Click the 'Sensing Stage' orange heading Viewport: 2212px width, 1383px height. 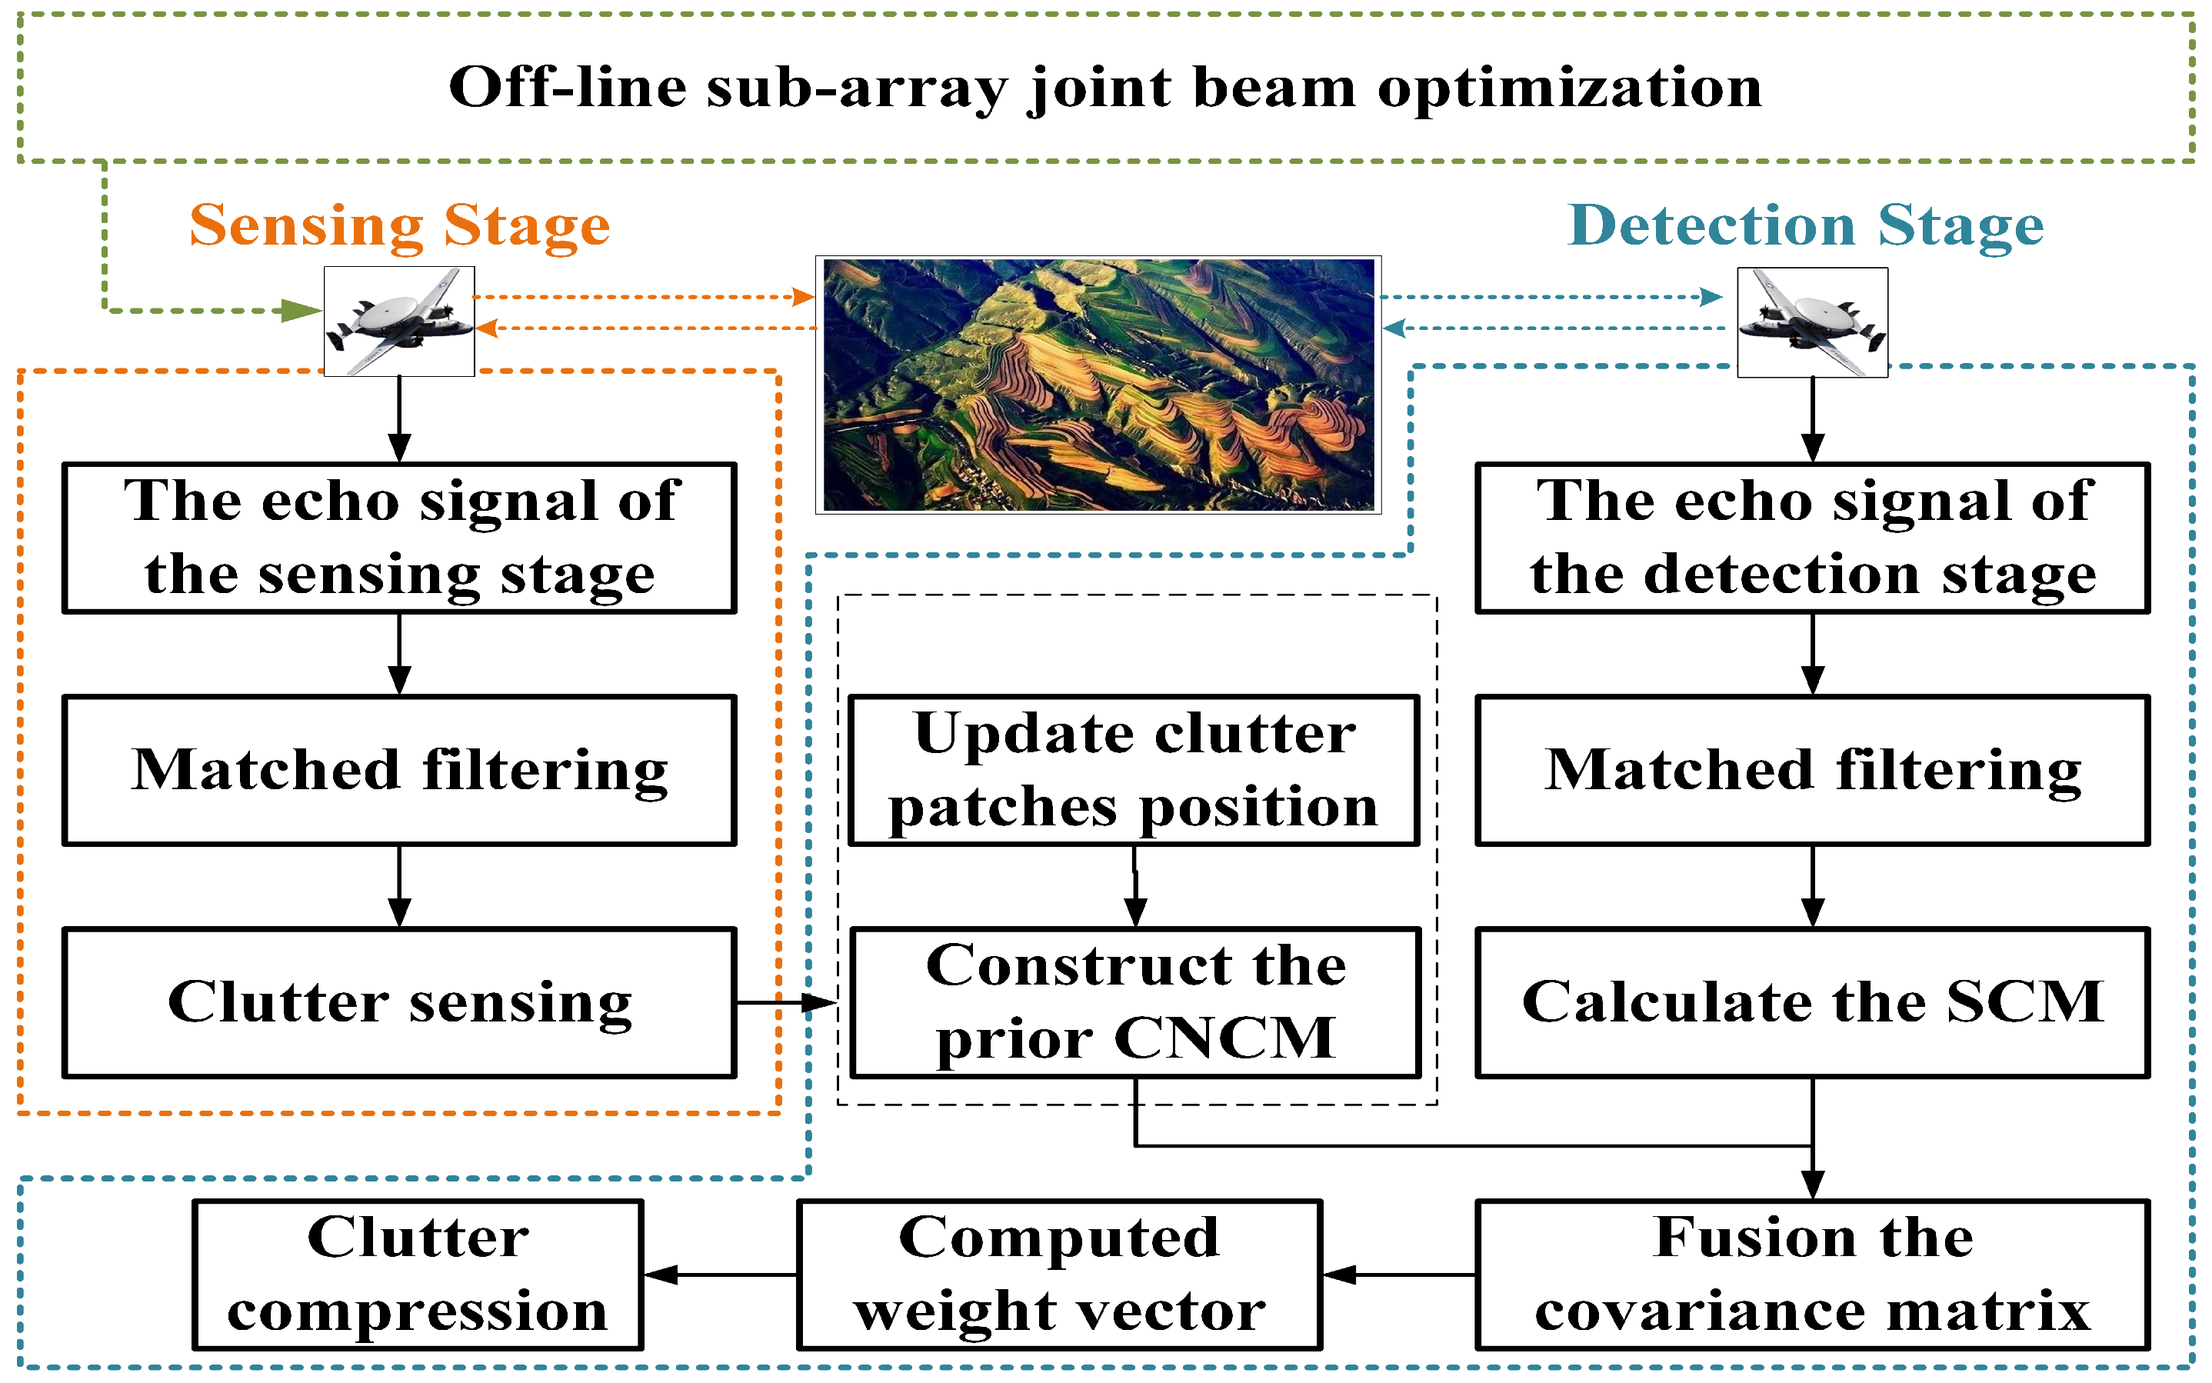tap(400, 225)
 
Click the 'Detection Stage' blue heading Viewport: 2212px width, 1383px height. tap(1805, 225)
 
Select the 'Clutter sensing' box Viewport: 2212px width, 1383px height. tap(400, 1002)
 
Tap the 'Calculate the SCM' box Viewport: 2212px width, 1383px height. tap(1811, 1002)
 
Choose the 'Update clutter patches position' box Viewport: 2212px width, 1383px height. tap(1134, 770)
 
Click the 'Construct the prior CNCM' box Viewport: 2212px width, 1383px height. tap(1134, 1002)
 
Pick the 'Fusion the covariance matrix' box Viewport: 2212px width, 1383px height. tap(1811, 1274)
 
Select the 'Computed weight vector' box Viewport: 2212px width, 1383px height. tap(1059, 1274)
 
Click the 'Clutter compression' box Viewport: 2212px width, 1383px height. tap(418, 1274)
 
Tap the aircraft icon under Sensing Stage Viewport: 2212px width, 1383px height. tap(400, 321)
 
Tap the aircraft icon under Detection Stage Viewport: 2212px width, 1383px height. tap(1811, 322)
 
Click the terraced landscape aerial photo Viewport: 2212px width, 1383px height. tap(1098, 384)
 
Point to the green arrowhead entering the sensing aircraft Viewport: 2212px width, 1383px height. tap(301, 311)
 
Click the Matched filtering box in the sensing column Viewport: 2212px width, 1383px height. tap(400, 770)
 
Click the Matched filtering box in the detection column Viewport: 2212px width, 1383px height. tap(1811, 770)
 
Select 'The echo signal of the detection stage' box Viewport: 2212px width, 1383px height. tap(1811, 538)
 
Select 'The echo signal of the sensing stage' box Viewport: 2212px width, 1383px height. tap(400, 538)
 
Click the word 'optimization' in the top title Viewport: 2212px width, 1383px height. tap(1569, 88)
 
